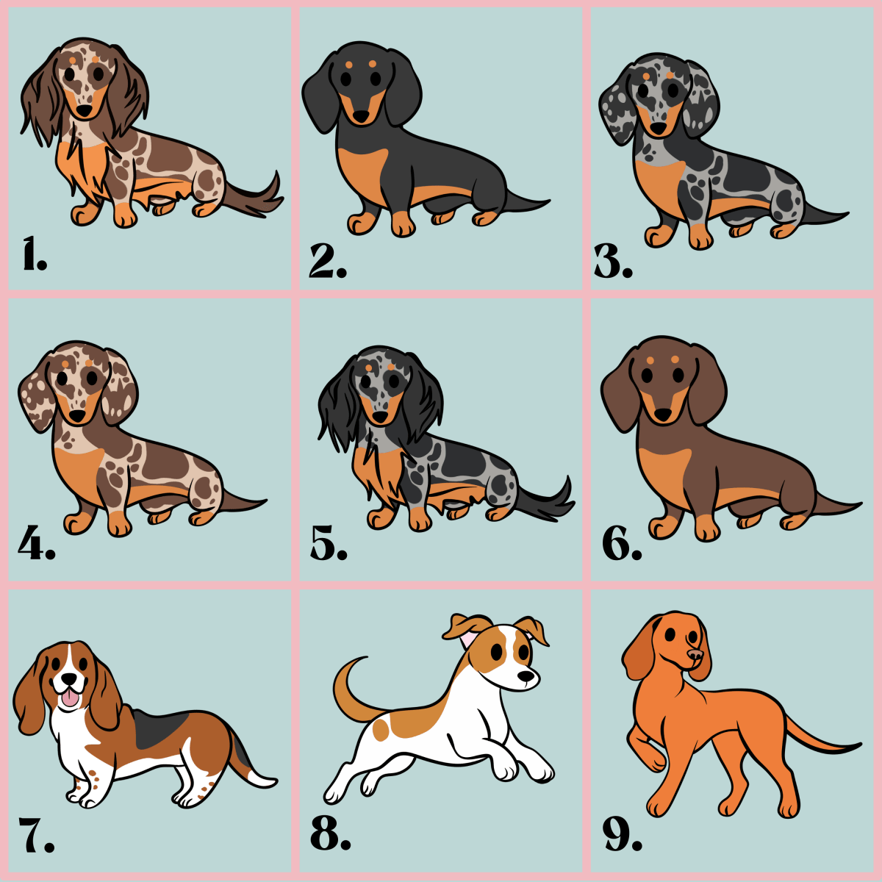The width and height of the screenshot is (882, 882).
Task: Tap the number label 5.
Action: pos(328,545)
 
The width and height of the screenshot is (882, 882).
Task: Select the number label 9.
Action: pos(622,833)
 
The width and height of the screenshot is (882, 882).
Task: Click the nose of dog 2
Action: pos(362,117)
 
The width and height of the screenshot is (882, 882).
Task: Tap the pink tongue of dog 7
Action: pos(68,698)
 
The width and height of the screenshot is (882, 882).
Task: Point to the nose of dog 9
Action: pos(692,653)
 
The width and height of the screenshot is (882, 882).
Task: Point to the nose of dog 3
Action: pos(659,129)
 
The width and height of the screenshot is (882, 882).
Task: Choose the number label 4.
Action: pos(36,545)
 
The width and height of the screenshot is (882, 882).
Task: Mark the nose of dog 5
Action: pos(379,417)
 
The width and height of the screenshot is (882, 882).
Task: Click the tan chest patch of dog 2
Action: pos(365,169)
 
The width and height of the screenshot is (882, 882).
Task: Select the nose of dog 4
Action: pos(78,417)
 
